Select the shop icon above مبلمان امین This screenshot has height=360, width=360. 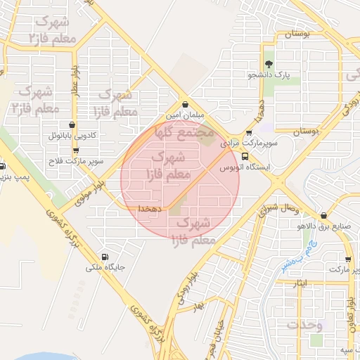click(184, 104)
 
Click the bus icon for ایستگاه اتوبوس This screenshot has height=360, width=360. click(244, 156)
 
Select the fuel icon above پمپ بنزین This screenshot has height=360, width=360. click(2, 167)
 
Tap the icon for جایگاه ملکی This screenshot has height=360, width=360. click(105, 257)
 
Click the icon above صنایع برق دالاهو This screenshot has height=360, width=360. click(323, 216)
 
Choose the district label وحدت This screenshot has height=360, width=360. click(304, 326)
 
